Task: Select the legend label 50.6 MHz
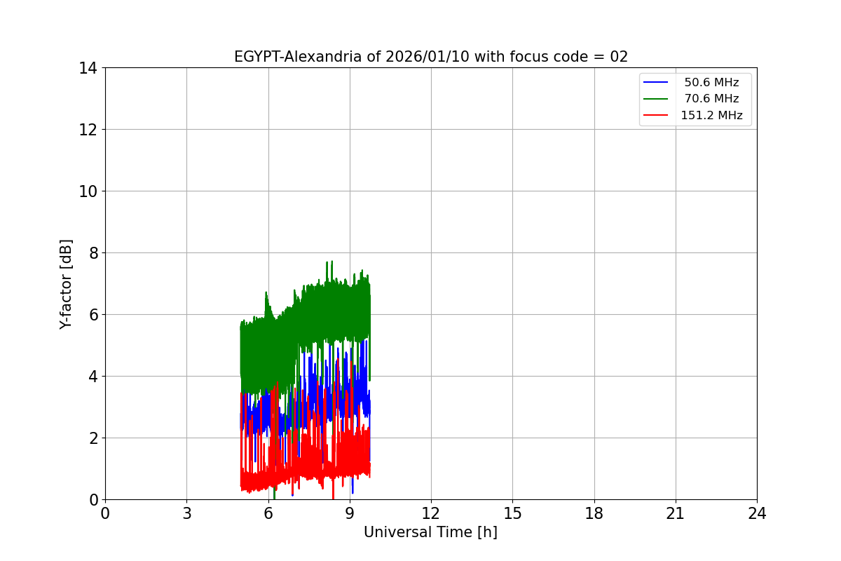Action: (x=711, y=83)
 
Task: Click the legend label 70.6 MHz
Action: (x=711, y=99)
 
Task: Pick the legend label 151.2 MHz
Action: (x=711, y=116)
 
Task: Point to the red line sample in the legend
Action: (x=656, y=116)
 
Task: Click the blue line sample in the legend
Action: (x=656, y=83)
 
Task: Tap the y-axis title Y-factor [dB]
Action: (x=66, y=284)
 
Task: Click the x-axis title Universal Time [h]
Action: (x=430, y=532)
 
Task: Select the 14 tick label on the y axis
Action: (x=88, y=68)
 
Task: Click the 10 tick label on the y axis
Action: (x=88, y=191)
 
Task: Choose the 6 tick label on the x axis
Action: (x=268, y=514)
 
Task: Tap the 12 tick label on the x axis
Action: (x=430, y=514)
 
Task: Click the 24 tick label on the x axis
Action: (x=756, y=514)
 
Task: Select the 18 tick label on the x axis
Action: (x=594, y=514)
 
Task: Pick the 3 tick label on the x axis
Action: (x=186, y=514)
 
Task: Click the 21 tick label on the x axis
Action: (x=675, y=514)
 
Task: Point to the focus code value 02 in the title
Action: (x=619, y=57)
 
